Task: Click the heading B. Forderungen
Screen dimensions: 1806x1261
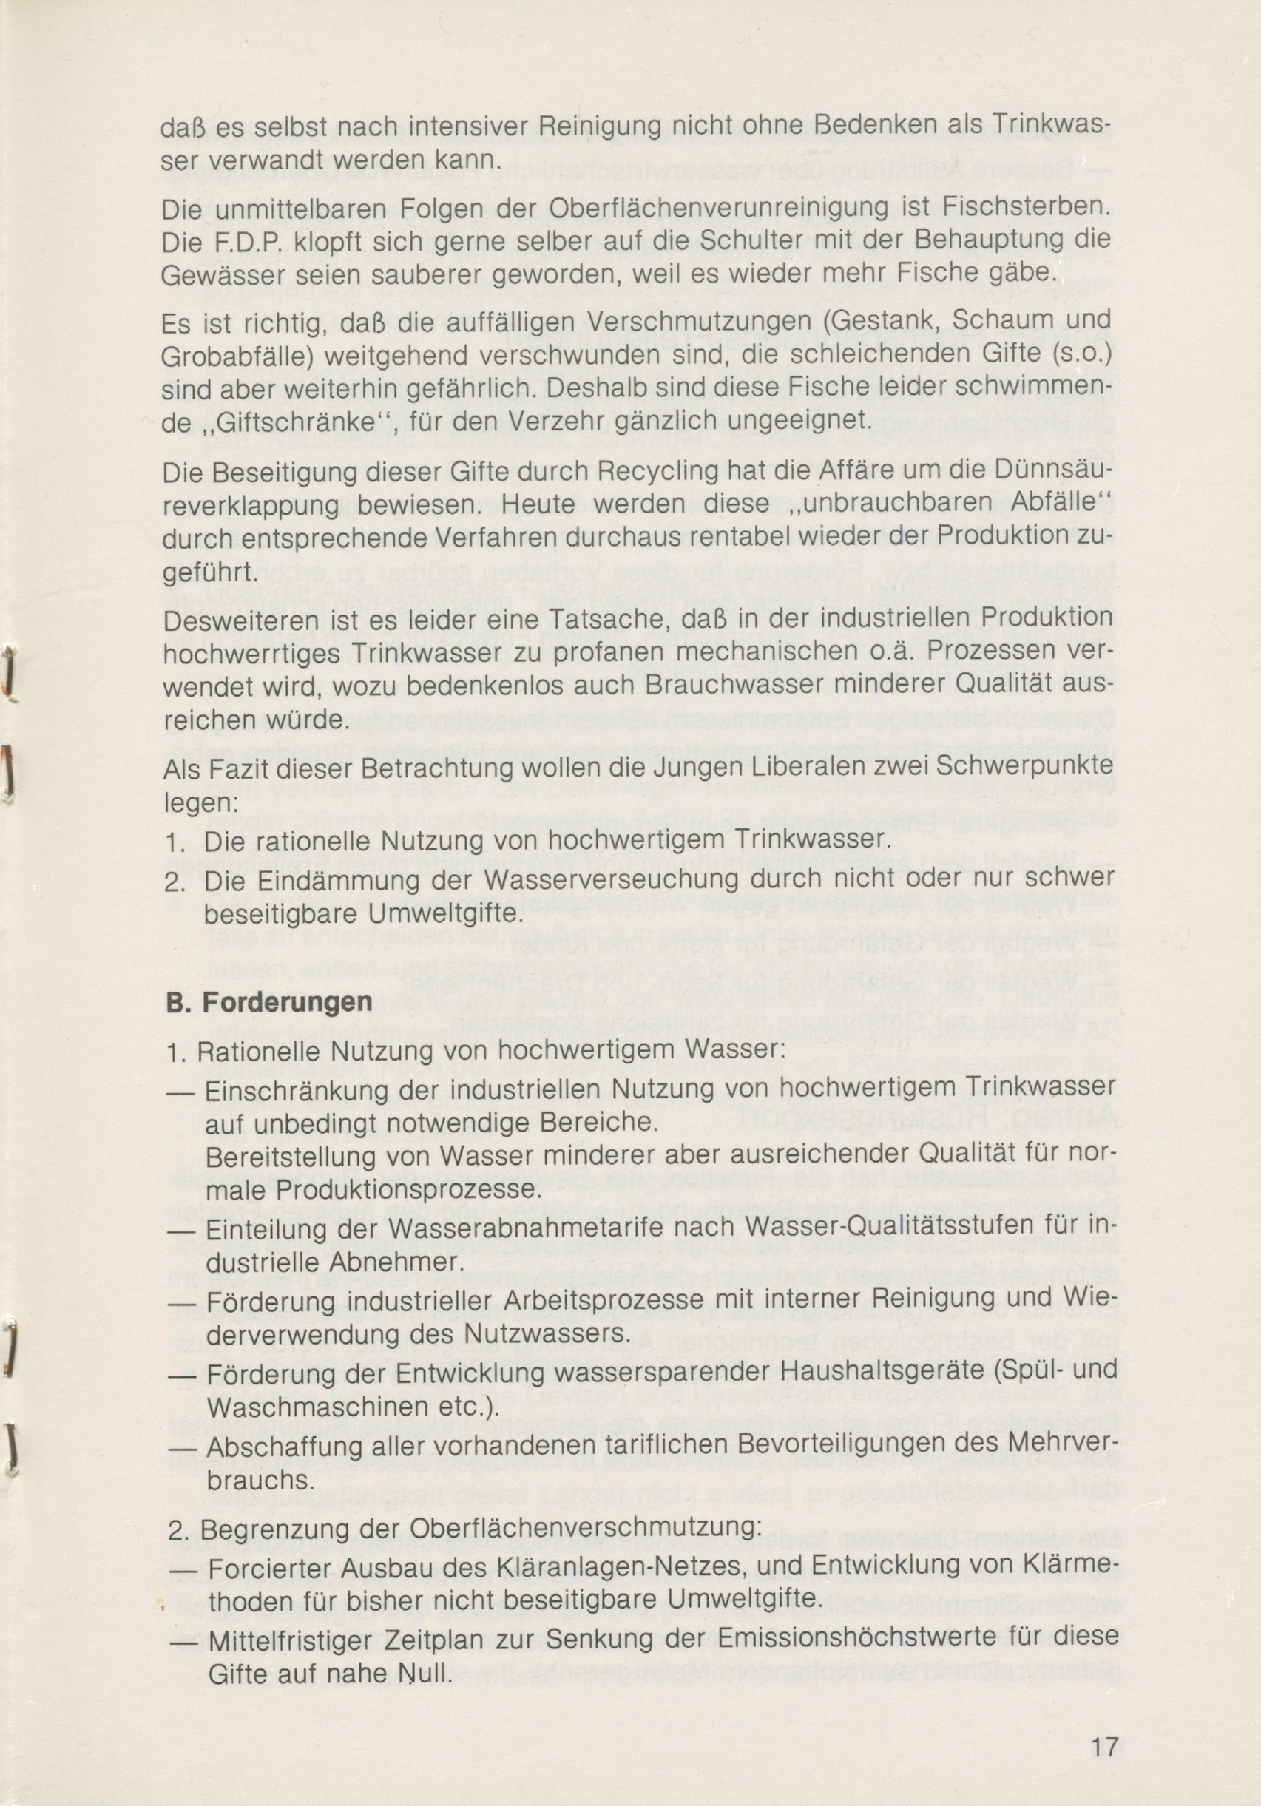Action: coord(270,1004)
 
